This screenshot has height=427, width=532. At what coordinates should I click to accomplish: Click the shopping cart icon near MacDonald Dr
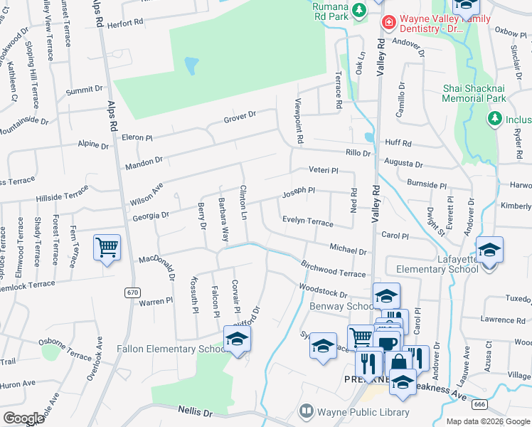[x=107, y=248]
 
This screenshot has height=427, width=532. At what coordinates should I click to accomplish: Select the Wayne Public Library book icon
[x=307, y=411]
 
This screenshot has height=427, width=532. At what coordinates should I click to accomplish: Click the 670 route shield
[x=132, y=292]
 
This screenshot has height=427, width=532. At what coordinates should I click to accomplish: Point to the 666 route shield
[x=479, y=404]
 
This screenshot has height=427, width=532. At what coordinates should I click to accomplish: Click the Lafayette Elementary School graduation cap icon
[x=489, y=251]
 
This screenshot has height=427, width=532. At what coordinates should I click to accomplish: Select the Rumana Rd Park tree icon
[x=360, y=9]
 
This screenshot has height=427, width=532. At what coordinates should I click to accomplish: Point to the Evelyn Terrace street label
[x=307, y=222]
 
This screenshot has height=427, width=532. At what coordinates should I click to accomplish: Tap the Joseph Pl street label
[x=299, y=191]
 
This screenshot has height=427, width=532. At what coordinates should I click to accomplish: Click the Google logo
[x=24, y=418]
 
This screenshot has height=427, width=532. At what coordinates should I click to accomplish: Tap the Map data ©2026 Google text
[x=488, y=421]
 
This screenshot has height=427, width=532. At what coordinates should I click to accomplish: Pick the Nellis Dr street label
[x=198, y=413]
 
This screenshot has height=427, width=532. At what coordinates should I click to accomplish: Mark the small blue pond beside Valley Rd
[x=368, y=137]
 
